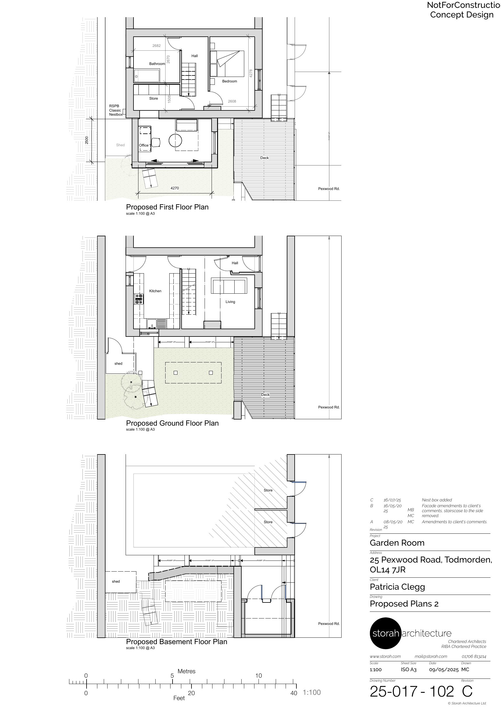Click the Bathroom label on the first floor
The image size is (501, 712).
[x=157, y=64]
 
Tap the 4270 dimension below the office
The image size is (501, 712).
[x=175, y=188]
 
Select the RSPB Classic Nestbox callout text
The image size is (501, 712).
[x=115, y=110]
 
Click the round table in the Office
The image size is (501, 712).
[x=175, y=140]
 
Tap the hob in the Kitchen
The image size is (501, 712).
[x=139, y=299]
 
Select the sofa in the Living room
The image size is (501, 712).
[x=229, y=286]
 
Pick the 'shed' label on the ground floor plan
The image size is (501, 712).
[x=118, y=364]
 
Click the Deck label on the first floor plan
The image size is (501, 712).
[x=264, y=158]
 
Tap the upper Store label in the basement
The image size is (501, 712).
[x=268, y=490]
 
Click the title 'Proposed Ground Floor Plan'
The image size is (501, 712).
[x=172, y=423]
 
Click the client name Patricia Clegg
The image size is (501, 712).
[x=397, y=587]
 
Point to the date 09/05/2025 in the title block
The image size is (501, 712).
[x=444, y=669]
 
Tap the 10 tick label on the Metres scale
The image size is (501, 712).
[x=259, y=675]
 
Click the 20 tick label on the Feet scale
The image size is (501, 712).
[x=191, y=693]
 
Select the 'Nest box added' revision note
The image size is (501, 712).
[x=437, y=500]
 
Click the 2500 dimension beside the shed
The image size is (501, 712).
[x=87, y=140]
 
